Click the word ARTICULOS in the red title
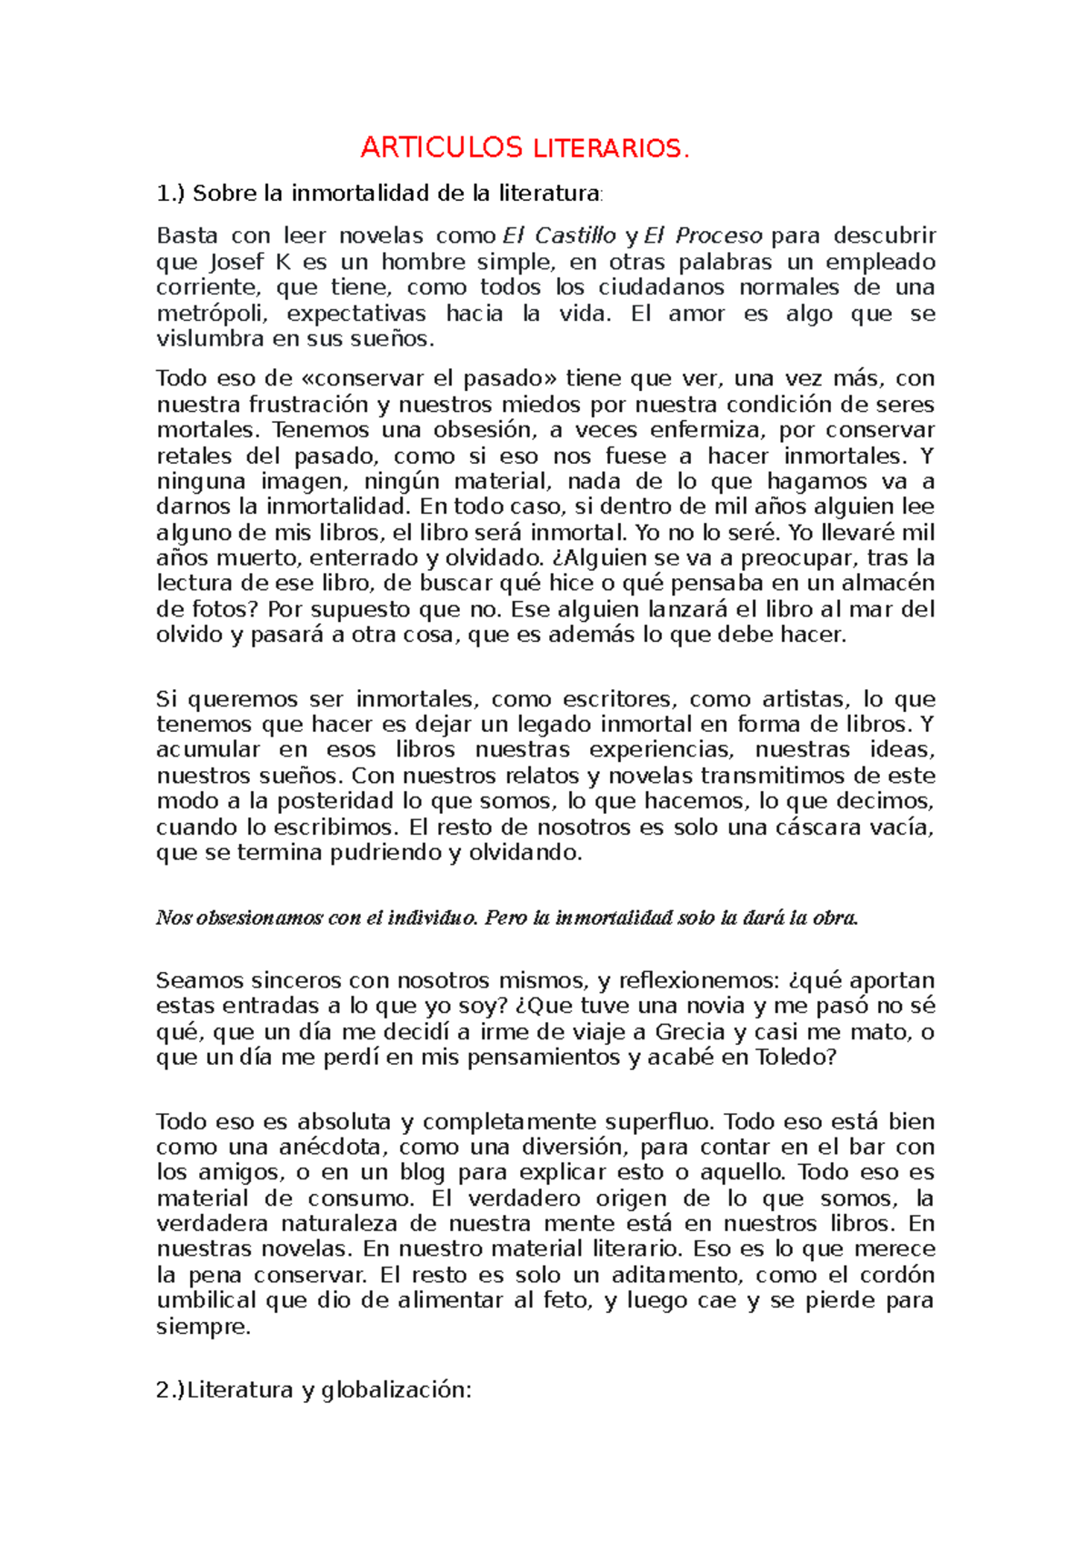coord(441,147)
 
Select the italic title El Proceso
coord(703,236)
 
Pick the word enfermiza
coord(697,429)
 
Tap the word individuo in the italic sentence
coord(431,917)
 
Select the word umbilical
coord(207,1300)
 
